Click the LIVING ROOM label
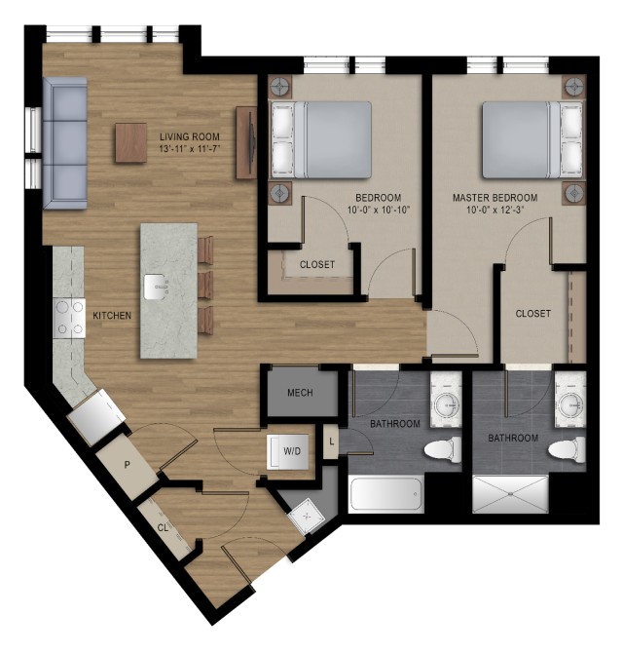pos(190,136)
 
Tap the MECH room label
pos(300,393)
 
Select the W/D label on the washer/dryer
pos(292,451)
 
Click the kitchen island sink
pos(157,288)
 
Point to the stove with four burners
pos(69,318)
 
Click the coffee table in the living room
pos(131,142)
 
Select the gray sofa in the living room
pos(65,143)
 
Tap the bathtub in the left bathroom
pos(386,495)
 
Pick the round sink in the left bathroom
pos(446,403)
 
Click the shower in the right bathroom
pos(511,495)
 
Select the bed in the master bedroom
pos(533,140)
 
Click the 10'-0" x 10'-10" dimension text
pos(379,210)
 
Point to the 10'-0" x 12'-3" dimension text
pos(495,210)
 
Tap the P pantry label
pos(127,465)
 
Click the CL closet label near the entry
pos(163,527)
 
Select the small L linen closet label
pos(331,442)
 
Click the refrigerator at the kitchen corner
pos(96,417)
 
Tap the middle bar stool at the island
pos(205,287)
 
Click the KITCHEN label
pos(112,315)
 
